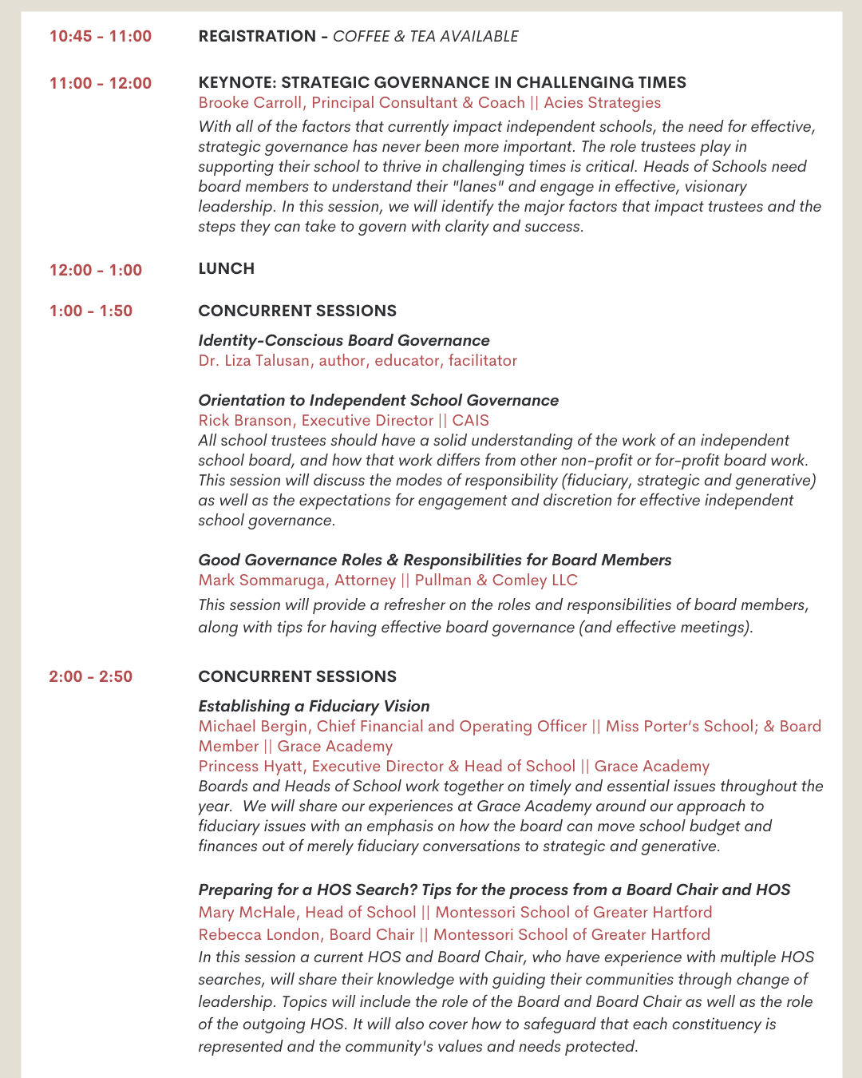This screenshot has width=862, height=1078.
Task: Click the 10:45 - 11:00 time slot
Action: point(101,36)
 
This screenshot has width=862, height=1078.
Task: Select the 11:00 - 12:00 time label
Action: point(101,83)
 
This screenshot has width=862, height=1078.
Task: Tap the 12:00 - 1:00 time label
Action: point(96,270)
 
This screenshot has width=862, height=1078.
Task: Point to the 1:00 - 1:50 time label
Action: point(91,311)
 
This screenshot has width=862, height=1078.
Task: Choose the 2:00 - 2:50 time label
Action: point(91,676)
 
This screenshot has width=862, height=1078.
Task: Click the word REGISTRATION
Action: point(257,36)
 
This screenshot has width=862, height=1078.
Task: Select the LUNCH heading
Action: point(227,268)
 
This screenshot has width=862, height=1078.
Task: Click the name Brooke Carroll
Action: point(251,102)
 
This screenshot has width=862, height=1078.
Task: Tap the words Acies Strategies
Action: point(603,102)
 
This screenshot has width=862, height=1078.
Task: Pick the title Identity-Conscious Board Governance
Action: point(344,340)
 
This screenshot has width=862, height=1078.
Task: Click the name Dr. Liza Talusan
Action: point(254,360)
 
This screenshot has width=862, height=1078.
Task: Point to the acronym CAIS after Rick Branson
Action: point(471,420)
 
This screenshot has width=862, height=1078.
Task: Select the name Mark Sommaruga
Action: point(262,580)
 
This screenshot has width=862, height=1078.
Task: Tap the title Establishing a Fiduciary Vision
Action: point(314,706)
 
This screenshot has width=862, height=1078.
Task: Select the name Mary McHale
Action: point(247,912)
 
